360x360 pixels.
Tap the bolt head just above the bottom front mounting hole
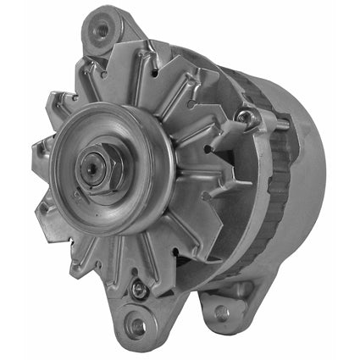tap(137, 291)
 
